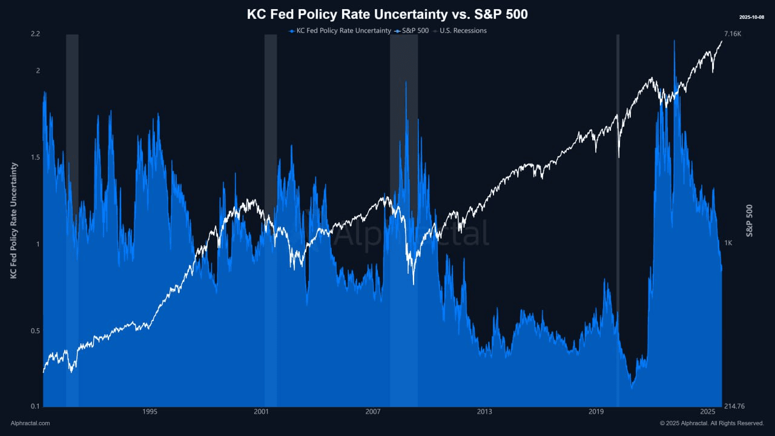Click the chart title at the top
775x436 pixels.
pyautogui.click(x=387, y=14)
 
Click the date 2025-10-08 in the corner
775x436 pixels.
pyautogui.click(x=752, y=17)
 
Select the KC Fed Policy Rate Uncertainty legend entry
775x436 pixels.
pyautogui.click(x=340, y=30)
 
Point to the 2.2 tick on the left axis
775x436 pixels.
pyautogui.click(x=35, y=34)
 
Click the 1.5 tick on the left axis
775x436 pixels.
pyautogui.click(x=35, y=157)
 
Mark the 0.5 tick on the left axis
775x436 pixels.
pyautogui.click(x=35, y=331)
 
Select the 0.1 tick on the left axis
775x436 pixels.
pyautogui.click(x=35, y=406)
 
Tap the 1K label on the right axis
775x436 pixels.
pyautogui.click(x=728, y=243)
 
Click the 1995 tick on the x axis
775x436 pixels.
pyautogui.click(x=150, y=412)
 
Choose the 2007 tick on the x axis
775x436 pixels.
pyautogui.click(x=373, y=412)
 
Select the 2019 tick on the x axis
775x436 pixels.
pyautogui.click(x=596, y=412)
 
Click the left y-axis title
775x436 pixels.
pyautogui.click(x=14, y=220)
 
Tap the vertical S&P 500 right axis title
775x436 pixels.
pyautogui.click(x=750, y=220)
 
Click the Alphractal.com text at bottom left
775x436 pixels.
pyautogui.click(x=30, y=423)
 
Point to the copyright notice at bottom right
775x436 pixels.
pyautogui.click(x=711, y=423)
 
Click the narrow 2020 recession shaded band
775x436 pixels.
pyautogui.click(x=618, y=218)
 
